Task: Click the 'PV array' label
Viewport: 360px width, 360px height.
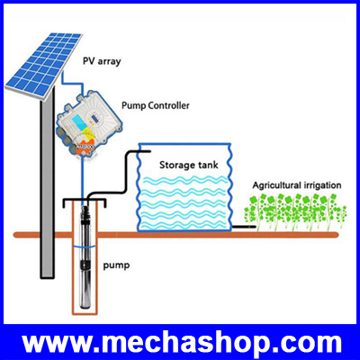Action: point(102,61)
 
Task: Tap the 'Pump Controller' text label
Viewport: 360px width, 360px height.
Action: point(156,106)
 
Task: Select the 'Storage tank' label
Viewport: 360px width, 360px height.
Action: point(189,165)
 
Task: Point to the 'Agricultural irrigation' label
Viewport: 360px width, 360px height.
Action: point(297,185)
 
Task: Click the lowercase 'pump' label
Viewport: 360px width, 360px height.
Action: point(117,265)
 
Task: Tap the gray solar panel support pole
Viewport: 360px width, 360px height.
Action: point(48,183)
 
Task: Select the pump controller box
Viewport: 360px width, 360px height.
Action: point(89,126)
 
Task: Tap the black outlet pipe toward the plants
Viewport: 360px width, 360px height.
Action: point(244,227)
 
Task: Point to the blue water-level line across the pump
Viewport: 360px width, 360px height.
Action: point(85,247)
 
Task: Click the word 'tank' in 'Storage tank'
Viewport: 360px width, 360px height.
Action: point(208,165)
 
